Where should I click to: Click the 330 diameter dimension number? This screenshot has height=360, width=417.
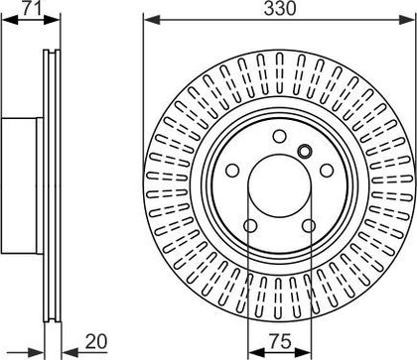(280, 9)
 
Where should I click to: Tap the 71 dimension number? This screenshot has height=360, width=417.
(32, 8)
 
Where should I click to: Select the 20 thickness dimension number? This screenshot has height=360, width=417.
(96, 341)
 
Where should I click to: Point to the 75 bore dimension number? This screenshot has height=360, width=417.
(280, 340)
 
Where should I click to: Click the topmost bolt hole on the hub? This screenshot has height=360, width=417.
(280, 136)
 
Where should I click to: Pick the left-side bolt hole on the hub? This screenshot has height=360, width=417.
(232, 171)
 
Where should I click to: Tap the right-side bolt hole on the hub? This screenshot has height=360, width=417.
(327, 171)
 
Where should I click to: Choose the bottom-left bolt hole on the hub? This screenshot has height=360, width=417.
(250, 226)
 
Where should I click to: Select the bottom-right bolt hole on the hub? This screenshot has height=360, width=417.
(309, 226)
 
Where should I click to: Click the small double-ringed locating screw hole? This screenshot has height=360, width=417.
(305, 152)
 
